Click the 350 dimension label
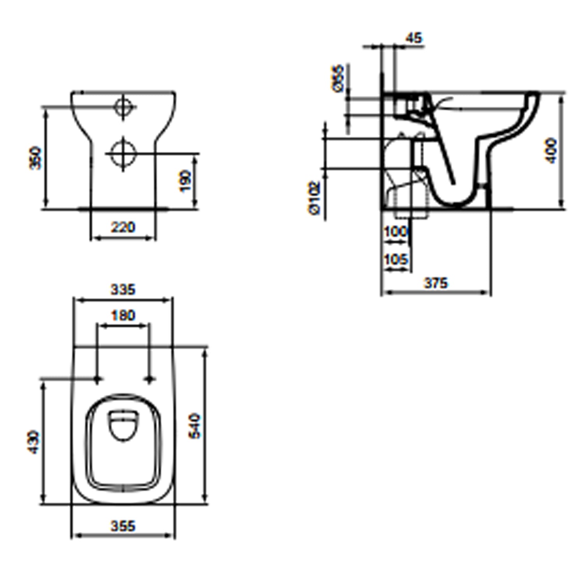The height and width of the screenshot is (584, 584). (x=35, y=158)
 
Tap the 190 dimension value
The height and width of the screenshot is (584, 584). (x=185, y=181)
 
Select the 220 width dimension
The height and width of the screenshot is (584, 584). (x=123, y=227)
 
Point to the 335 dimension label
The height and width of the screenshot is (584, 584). (x=123, y=290)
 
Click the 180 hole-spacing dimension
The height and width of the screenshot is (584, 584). (x=123, y=315)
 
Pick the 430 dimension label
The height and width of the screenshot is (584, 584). (x=33, y=442)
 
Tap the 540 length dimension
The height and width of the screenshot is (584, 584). (x=194, y=426)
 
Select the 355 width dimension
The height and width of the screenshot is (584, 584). (x=123, y=526)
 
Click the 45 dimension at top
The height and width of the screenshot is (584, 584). (x=413, y=38)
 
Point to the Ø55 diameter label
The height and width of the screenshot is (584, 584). (x=338, y=78)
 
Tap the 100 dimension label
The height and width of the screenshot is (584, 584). (x=396, y=232)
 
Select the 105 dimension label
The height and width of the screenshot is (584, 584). (x=396, y=259)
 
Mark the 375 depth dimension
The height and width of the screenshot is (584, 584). (x=436, y=283)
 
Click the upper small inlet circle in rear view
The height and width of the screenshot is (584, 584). (x=124, y=106)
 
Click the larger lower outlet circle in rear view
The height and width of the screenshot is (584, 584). (x=123, y=153)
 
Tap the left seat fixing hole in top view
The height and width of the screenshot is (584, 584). (x=97, y=379)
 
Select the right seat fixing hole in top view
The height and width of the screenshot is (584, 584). (x=150, y=379)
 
